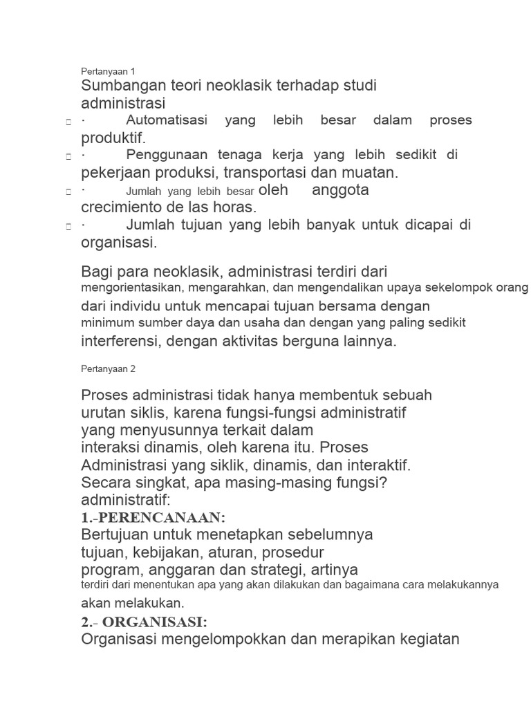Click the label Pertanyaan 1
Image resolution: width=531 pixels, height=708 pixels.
coord(108,71)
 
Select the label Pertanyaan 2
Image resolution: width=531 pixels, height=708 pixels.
coord(108,369)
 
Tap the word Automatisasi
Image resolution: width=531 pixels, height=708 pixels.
coord(167,120)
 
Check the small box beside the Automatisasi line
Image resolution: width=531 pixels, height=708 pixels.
coord(68,122)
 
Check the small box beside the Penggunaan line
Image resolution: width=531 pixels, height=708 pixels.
coord(68,156)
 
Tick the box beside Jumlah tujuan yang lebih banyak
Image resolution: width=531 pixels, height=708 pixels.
coord(68,226)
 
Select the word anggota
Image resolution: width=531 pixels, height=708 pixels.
coord(340,190)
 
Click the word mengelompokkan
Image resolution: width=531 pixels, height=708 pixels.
coord(219,639)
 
